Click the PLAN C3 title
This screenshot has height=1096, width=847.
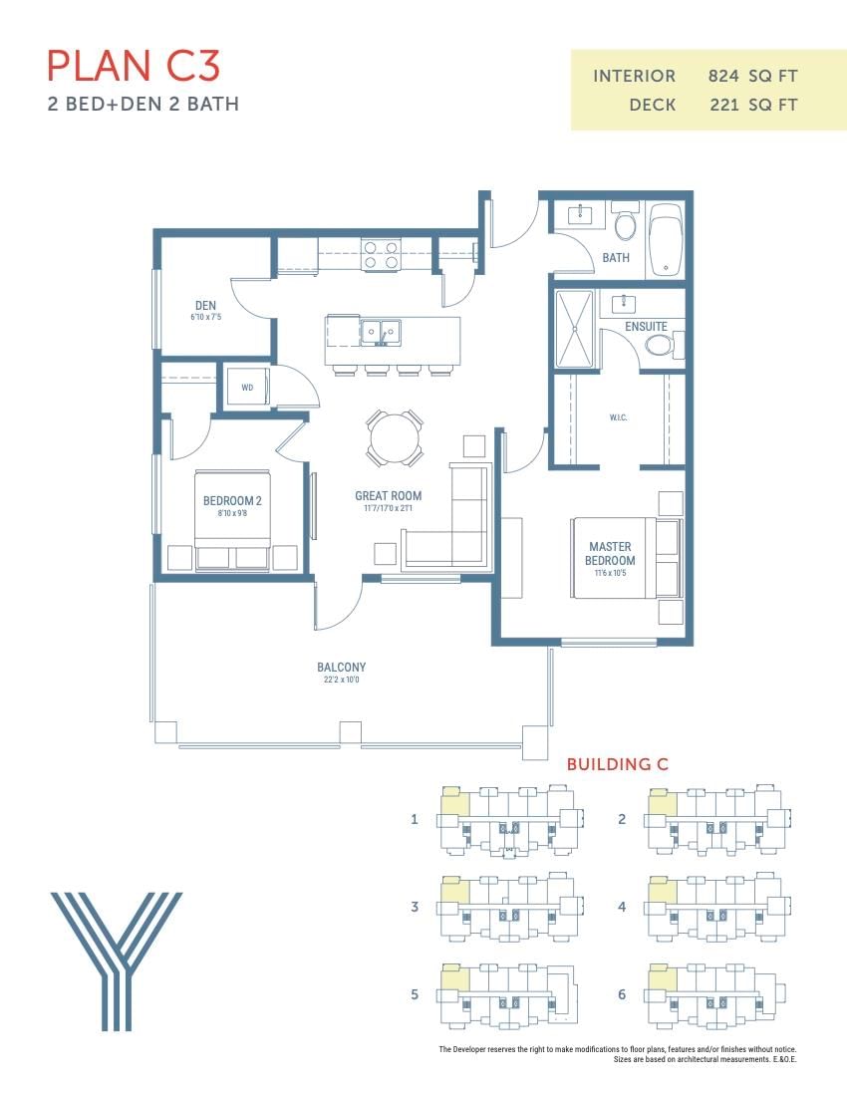coord(134,66)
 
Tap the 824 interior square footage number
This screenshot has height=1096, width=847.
coord(723,76)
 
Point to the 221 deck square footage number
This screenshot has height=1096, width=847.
coord(724,105)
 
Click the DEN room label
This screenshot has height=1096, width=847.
coord(205,306)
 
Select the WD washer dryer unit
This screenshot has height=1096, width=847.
coord(247,388)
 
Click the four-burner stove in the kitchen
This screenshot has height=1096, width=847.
coord(381,254)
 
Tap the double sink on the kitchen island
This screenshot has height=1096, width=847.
coord(381,333)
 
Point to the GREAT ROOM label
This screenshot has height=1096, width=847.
coord(388,495)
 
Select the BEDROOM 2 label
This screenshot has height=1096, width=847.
coord(232,500)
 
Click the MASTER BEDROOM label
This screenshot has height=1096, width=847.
coord(610,554)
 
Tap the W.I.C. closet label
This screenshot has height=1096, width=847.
coord(618,417)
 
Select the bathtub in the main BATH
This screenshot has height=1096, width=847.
coord(666,240)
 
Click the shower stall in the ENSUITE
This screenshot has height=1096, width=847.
coord(574,329)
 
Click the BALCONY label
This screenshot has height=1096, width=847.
coord(341,667)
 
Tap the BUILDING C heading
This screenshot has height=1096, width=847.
coord(618,764)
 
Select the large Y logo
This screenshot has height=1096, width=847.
coord(117,961)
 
